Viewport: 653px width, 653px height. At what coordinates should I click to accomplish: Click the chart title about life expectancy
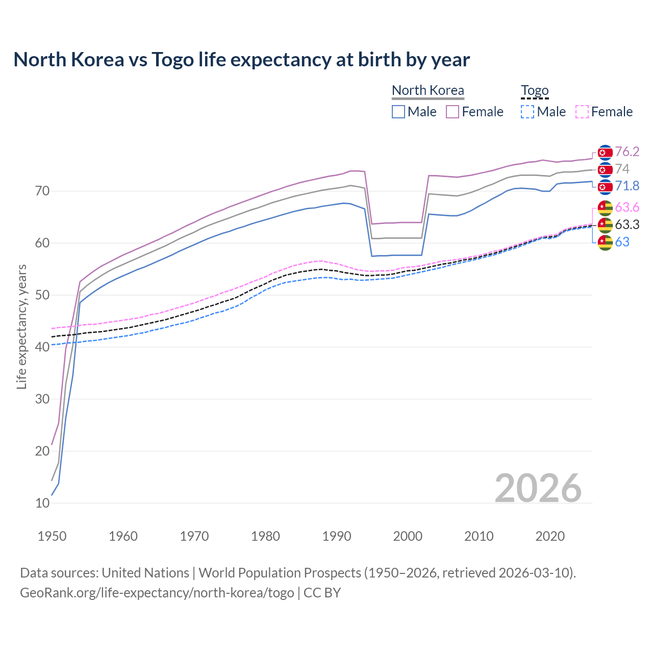coord(241,60)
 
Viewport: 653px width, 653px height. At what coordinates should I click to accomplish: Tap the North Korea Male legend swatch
coord(398,112)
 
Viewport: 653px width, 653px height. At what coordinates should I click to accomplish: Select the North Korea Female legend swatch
coord(453,112)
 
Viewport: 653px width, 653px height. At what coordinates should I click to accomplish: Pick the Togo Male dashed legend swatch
coord(528,112)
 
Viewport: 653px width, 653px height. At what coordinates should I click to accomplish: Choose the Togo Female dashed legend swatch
coord(582,112)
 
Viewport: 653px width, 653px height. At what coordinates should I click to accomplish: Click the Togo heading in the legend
coord(535,91)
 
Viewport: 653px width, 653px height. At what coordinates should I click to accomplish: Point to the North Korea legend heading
coord(428,91)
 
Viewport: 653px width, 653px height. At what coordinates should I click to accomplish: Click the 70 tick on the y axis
coord(42,191)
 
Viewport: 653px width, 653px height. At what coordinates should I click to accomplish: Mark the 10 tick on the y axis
coord(42,503)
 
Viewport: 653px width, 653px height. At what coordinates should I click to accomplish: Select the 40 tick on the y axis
coord(42,347)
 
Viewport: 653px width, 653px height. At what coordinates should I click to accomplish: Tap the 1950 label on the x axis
coord(52,536)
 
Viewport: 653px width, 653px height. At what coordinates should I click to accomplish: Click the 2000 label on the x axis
coord(408,536)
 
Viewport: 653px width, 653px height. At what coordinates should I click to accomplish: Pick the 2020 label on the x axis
coord(550,536)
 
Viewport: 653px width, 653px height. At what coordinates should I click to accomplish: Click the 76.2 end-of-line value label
coord(627,152)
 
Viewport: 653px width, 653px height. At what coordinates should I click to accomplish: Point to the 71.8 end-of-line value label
coord(627,186)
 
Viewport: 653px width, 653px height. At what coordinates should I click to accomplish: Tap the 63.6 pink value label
coord(627,208)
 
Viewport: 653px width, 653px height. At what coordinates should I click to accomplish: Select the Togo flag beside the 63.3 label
coord(605,225)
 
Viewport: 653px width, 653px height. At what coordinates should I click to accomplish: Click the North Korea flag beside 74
coord(605,169)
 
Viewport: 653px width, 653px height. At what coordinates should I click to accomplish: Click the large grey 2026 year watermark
coord(538,488)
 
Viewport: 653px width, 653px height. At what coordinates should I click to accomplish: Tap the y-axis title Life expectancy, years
coord(21,326)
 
